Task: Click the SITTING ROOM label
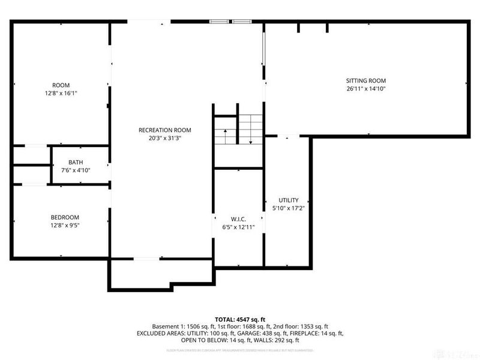pyautogui.click(x=365, y=80)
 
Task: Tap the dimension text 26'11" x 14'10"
pyautogui.click(x=365, y=89)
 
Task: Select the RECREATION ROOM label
pyautogui.click(x=164, y=130)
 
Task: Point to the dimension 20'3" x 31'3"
pyautogui.click(x=164, y=138)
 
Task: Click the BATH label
pyautogui.click(x=76, y=162)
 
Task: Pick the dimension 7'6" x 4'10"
pyautogui.click(x=76, y=170)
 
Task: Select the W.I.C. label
pyautogui.click(x=239, y=219)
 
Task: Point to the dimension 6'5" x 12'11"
pyautogui.click(x=239, y=227)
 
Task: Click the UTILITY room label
pyautogui.click(x=288, y=200)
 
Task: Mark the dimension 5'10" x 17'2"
pyautogui.click(x=288, y=208)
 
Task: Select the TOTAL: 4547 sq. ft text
pyautogui.click(x=240, y=319)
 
